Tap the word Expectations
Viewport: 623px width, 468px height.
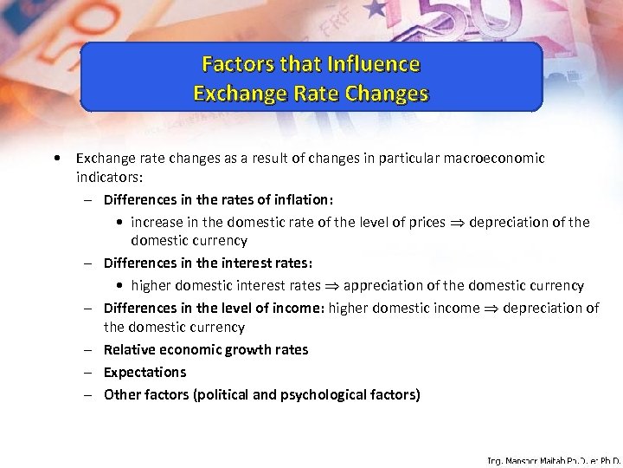click(145, 372)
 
